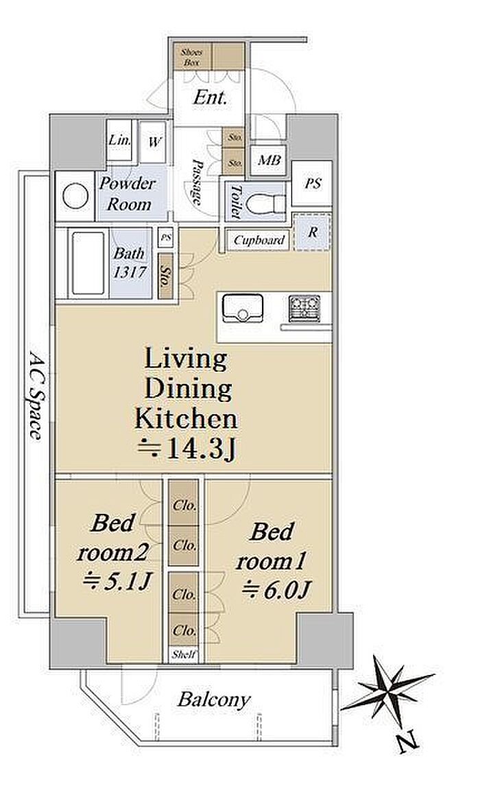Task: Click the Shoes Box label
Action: pyautogui.click(x=191, y=56)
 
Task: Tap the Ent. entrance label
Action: pyautogui.click(x=211, y=97)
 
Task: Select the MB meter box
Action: pyautogui.click(x=269, y=161)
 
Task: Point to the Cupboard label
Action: pyautogui.click(x=259, y=240)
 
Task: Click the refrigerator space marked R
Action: pyautogui.click(x=312, y=232)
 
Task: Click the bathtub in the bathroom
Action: pyautogui.click(x=88, y=263)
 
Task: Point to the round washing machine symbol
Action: pyautogui.click(x=75, y=196)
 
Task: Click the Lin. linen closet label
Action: pyautogui.click(x=119, y=140)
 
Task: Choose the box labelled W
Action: pyautogui.click(x=154, y=142)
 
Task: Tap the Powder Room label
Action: pyautogui.click(x=128, y=194)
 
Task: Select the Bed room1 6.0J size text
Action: pyautogui.click(x=275, y=590)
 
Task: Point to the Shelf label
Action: pyautogui.click(x=184, y=654)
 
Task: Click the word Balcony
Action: pyautogui.click(x=215, y=700)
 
